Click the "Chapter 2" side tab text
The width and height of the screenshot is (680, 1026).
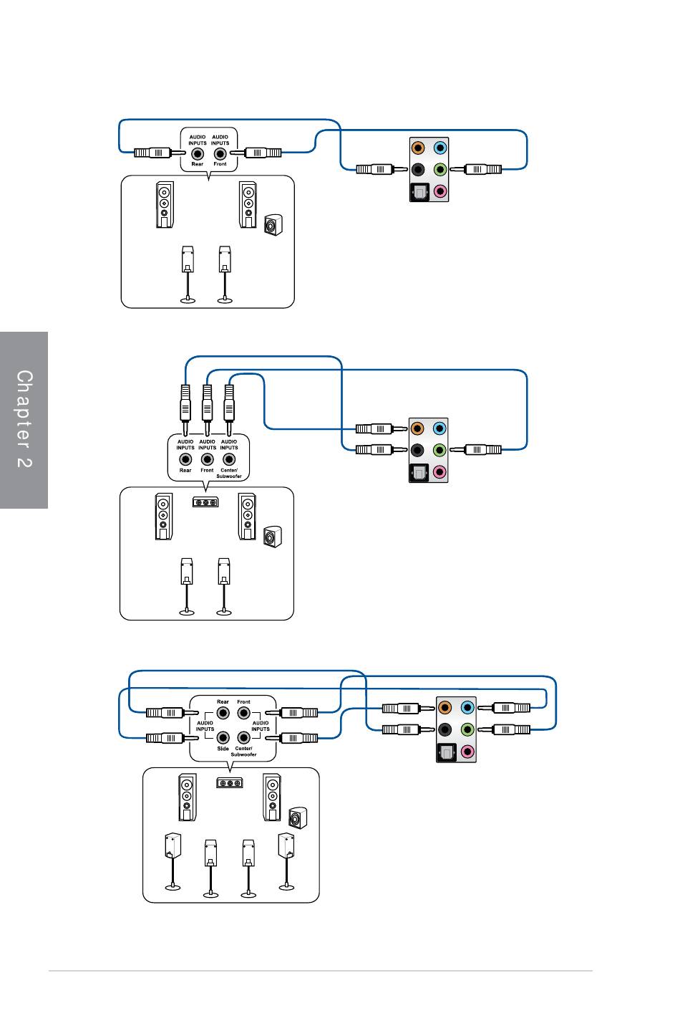24,418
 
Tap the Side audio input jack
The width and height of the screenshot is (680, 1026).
223,737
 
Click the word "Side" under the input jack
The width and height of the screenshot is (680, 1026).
223,749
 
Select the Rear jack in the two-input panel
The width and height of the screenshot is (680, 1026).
198,154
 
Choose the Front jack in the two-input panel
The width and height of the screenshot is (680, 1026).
220,154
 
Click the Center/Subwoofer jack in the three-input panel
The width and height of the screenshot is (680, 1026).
229,459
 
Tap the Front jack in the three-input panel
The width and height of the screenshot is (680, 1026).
208,459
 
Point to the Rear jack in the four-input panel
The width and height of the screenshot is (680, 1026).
223,713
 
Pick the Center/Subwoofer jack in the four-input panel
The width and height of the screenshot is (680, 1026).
243,737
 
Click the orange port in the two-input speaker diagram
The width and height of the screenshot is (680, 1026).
418,148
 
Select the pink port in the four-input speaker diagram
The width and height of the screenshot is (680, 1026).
467,751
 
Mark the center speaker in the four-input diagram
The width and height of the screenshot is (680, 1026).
229,783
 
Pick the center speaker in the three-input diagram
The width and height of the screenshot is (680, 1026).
205,502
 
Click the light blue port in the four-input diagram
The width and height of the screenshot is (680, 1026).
467,708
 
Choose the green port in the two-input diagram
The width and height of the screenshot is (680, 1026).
439,170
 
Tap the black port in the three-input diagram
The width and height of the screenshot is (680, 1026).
417,450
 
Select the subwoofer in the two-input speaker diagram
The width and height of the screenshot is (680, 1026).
273,225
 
